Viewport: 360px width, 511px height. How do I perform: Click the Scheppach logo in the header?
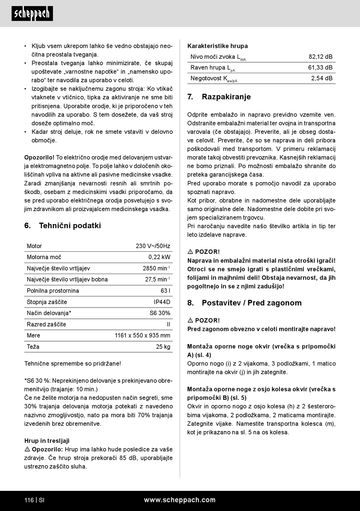coord(32,14)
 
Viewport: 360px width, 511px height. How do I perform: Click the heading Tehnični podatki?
coord(70,226)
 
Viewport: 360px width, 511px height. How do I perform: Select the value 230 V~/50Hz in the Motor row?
coord(153,246)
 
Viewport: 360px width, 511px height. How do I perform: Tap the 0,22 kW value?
coord(159,257)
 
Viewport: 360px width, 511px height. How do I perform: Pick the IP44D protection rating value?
coord(162,302)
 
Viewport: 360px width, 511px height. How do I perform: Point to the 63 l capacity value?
coord(165,291)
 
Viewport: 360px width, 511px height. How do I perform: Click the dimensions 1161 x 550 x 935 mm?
coord(142,335)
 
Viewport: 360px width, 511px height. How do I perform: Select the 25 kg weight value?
coord(163,347)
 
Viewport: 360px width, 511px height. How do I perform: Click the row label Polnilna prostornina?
coord(53,291)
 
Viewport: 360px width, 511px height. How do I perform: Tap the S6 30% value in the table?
coord(160,313)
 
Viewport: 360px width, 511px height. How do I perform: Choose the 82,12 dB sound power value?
coord(320,57)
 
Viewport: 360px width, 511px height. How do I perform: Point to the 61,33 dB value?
coord(320,67)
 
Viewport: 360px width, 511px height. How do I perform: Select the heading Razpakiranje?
coord(226,97)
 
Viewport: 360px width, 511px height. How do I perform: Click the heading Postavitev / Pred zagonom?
coord(251,303)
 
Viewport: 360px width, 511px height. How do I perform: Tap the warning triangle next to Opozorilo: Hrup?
coord(27,449)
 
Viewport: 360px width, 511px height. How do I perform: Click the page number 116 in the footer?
coord(29,500)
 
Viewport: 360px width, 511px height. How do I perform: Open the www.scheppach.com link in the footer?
coord(180,500)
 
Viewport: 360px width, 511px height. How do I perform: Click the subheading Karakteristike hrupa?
coord(218,46)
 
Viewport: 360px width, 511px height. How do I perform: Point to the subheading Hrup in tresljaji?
coord(47,440)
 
